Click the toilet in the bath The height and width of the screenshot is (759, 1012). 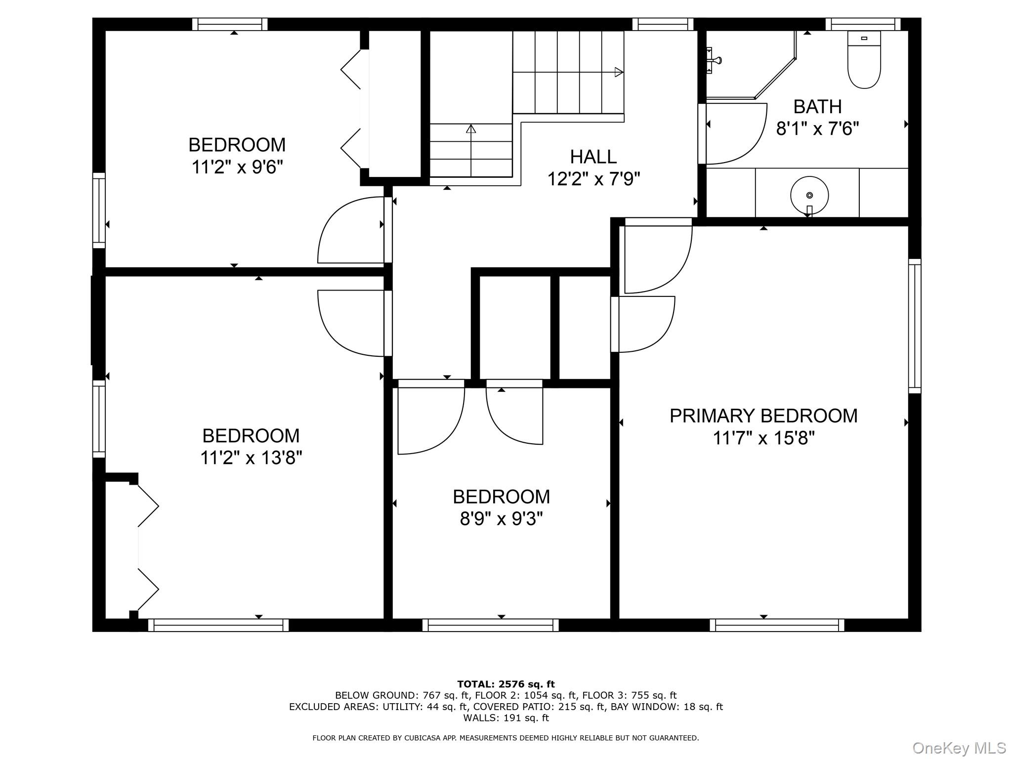click(864, 60)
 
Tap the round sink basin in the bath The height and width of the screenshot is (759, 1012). click(809, 195)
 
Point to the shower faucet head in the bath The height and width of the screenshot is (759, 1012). click(714, 60)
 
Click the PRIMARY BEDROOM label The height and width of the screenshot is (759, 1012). click(763, 416)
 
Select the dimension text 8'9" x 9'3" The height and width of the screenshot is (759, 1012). click(501, 519)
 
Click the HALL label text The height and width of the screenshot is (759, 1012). click(593, 157)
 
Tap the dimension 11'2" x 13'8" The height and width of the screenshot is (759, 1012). click(251, 458)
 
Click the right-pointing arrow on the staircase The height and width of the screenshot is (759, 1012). click(618, 72)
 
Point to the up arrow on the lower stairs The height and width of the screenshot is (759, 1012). click(470, 129)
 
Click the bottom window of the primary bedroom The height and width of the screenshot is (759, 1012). click(777, 625)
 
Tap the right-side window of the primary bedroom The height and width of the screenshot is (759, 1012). click(915, 326)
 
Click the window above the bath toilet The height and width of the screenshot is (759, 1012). click(863, 24)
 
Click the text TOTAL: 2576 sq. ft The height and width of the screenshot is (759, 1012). click(506, 684)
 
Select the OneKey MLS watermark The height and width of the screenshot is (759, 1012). click(959, 748)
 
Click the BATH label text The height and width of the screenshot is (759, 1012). click(817, 107)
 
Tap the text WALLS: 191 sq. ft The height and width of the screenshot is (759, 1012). click(506, 718)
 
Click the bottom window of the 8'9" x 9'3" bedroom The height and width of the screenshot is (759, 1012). click(490, 625)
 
